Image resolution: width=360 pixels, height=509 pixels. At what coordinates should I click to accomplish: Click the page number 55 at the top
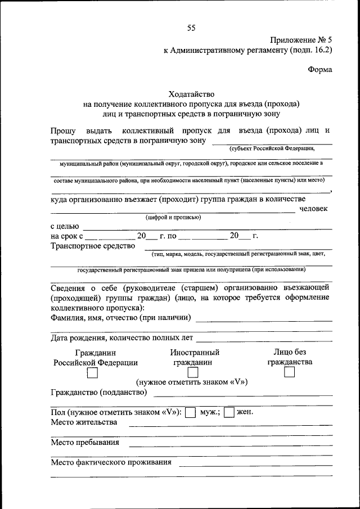coord(191,29)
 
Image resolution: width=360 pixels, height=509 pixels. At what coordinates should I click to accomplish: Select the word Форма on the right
coord(320,70)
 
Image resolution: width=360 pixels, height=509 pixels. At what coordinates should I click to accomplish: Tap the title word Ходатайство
coord(192,94)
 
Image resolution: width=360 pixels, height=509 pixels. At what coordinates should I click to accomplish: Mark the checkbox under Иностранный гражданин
coord(192,373)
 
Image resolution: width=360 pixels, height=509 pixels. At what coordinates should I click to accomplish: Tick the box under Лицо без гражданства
coord(290,373)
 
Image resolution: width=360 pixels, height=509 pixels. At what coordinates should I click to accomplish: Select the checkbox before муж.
coord(190,412)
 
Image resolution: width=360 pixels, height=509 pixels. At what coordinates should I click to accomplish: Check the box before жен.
coord(229,412)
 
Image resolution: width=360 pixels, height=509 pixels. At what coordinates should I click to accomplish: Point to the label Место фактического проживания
coord(111,463)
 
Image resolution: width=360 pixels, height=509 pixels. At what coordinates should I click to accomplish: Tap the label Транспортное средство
coord(93,245)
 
